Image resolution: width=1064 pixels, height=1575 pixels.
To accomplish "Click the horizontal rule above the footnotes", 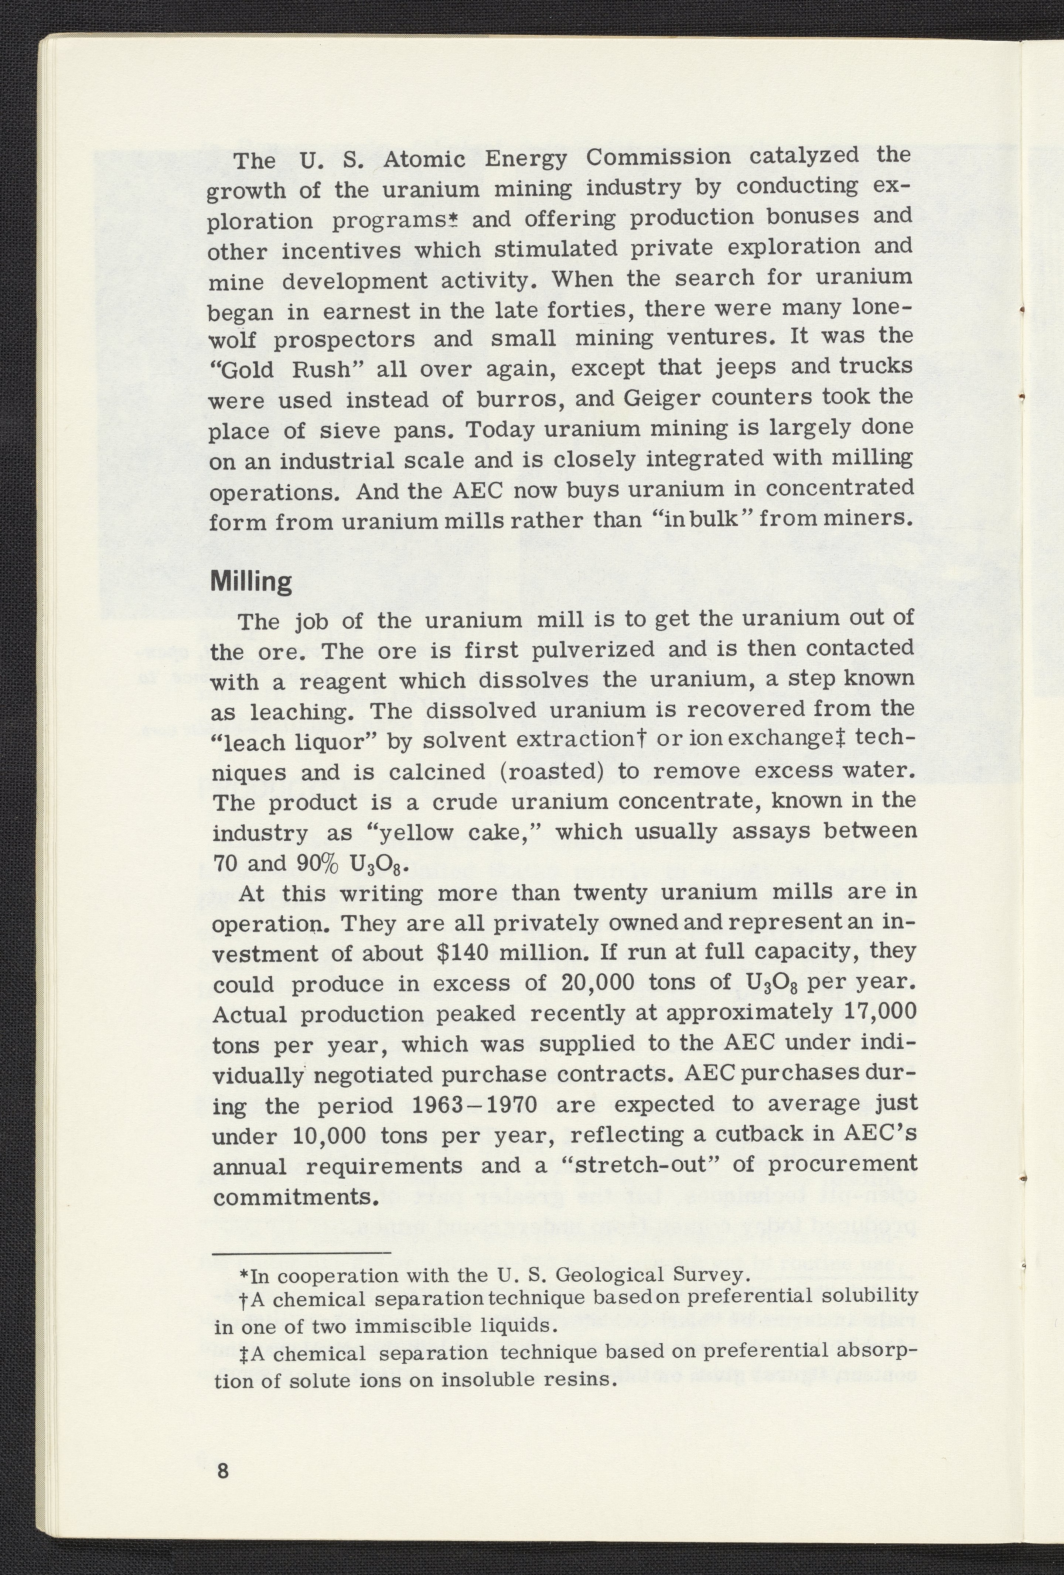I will tap(301, 1253).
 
